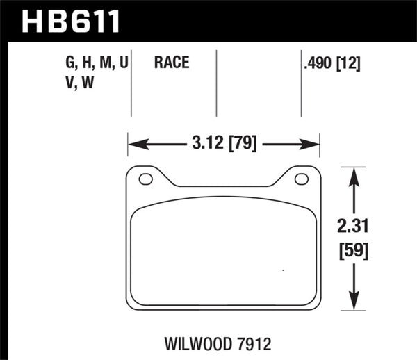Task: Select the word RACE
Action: pyautogui.click(x=170, y=63)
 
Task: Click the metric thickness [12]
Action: pyautogui.click(x=350, y=63)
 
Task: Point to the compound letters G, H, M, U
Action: pyautogui.click(x=97, y=63)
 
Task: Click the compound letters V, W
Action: pyautogui.click(x=80, y=81)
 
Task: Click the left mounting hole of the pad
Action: pyautogui.click(x=145, y=179)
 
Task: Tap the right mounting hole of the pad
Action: pyautogui.click(x=301, y=179)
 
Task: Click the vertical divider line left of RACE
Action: pyautogui.click(x=132, y=83)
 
